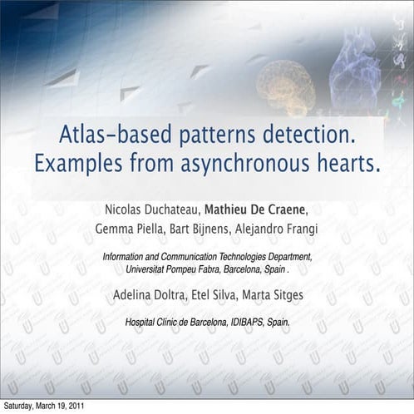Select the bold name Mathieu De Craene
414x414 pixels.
coord(258,208)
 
